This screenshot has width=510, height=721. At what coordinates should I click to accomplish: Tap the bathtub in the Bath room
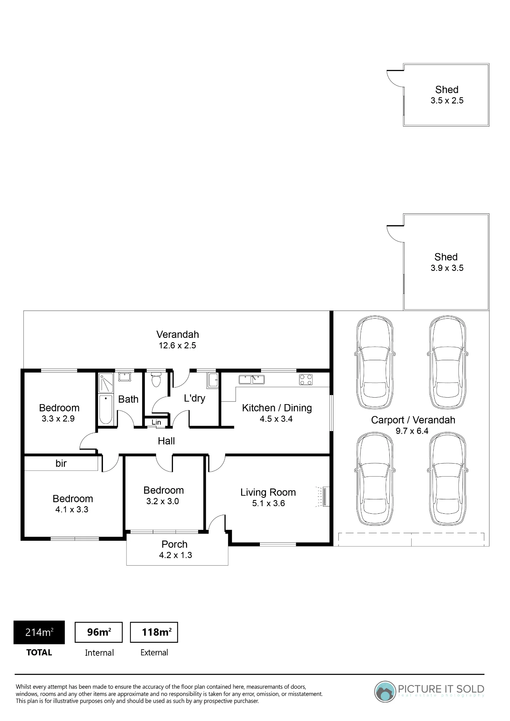pos(106,410)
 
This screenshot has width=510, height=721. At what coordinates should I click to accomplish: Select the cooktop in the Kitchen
pos(306,380)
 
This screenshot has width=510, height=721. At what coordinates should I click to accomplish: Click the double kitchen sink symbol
pos(252,379)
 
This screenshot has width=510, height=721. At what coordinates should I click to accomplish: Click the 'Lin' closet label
pos(156,422)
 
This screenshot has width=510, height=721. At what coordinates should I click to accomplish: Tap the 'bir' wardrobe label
pos(61,463)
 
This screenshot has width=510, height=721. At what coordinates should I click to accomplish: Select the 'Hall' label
pos(166,441)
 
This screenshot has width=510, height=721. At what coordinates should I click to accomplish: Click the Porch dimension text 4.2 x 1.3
pos(176,555)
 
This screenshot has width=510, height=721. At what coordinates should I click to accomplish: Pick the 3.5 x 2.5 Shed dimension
pos(447,101)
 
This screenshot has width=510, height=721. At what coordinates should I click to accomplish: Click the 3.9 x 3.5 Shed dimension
pos(447,268)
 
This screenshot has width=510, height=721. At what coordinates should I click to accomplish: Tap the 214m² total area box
pos(39,632)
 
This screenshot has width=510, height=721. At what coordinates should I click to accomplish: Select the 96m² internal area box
pos(99,632)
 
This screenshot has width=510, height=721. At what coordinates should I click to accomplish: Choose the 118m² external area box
pos(154,632)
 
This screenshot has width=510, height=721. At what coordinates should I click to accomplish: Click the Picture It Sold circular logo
pos(385,692)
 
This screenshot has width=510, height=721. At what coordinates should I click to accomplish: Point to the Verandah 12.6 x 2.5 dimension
pos(177,345)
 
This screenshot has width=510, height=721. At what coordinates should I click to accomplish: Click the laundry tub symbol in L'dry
pos(213,380)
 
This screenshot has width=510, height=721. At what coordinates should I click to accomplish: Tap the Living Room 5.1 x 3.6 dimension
pos(269,503)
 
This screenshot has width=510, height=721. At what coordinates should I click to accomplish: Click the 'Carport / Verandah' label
pos(413,420)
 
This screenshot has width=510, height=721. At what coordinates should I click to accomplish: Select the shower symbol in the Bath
pos(106,383)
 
